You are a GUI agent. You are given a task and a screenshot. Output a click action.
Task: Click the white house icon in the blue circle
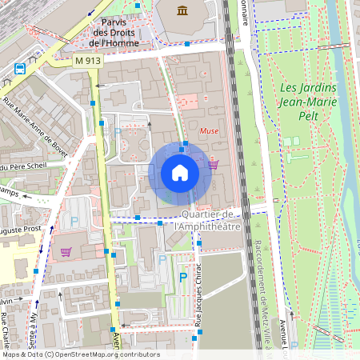179,173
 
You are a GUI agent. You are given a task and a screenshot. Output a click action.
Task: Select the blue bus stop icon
19,68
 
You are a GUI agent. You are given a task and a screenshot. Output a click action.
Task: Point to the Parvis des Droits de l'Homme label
115,33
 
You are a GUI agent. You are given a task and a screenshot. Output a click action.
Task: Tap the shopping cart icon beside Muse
213,165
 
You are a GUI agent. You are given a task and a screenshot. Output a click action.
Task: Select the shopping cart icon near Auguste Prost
66,251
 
